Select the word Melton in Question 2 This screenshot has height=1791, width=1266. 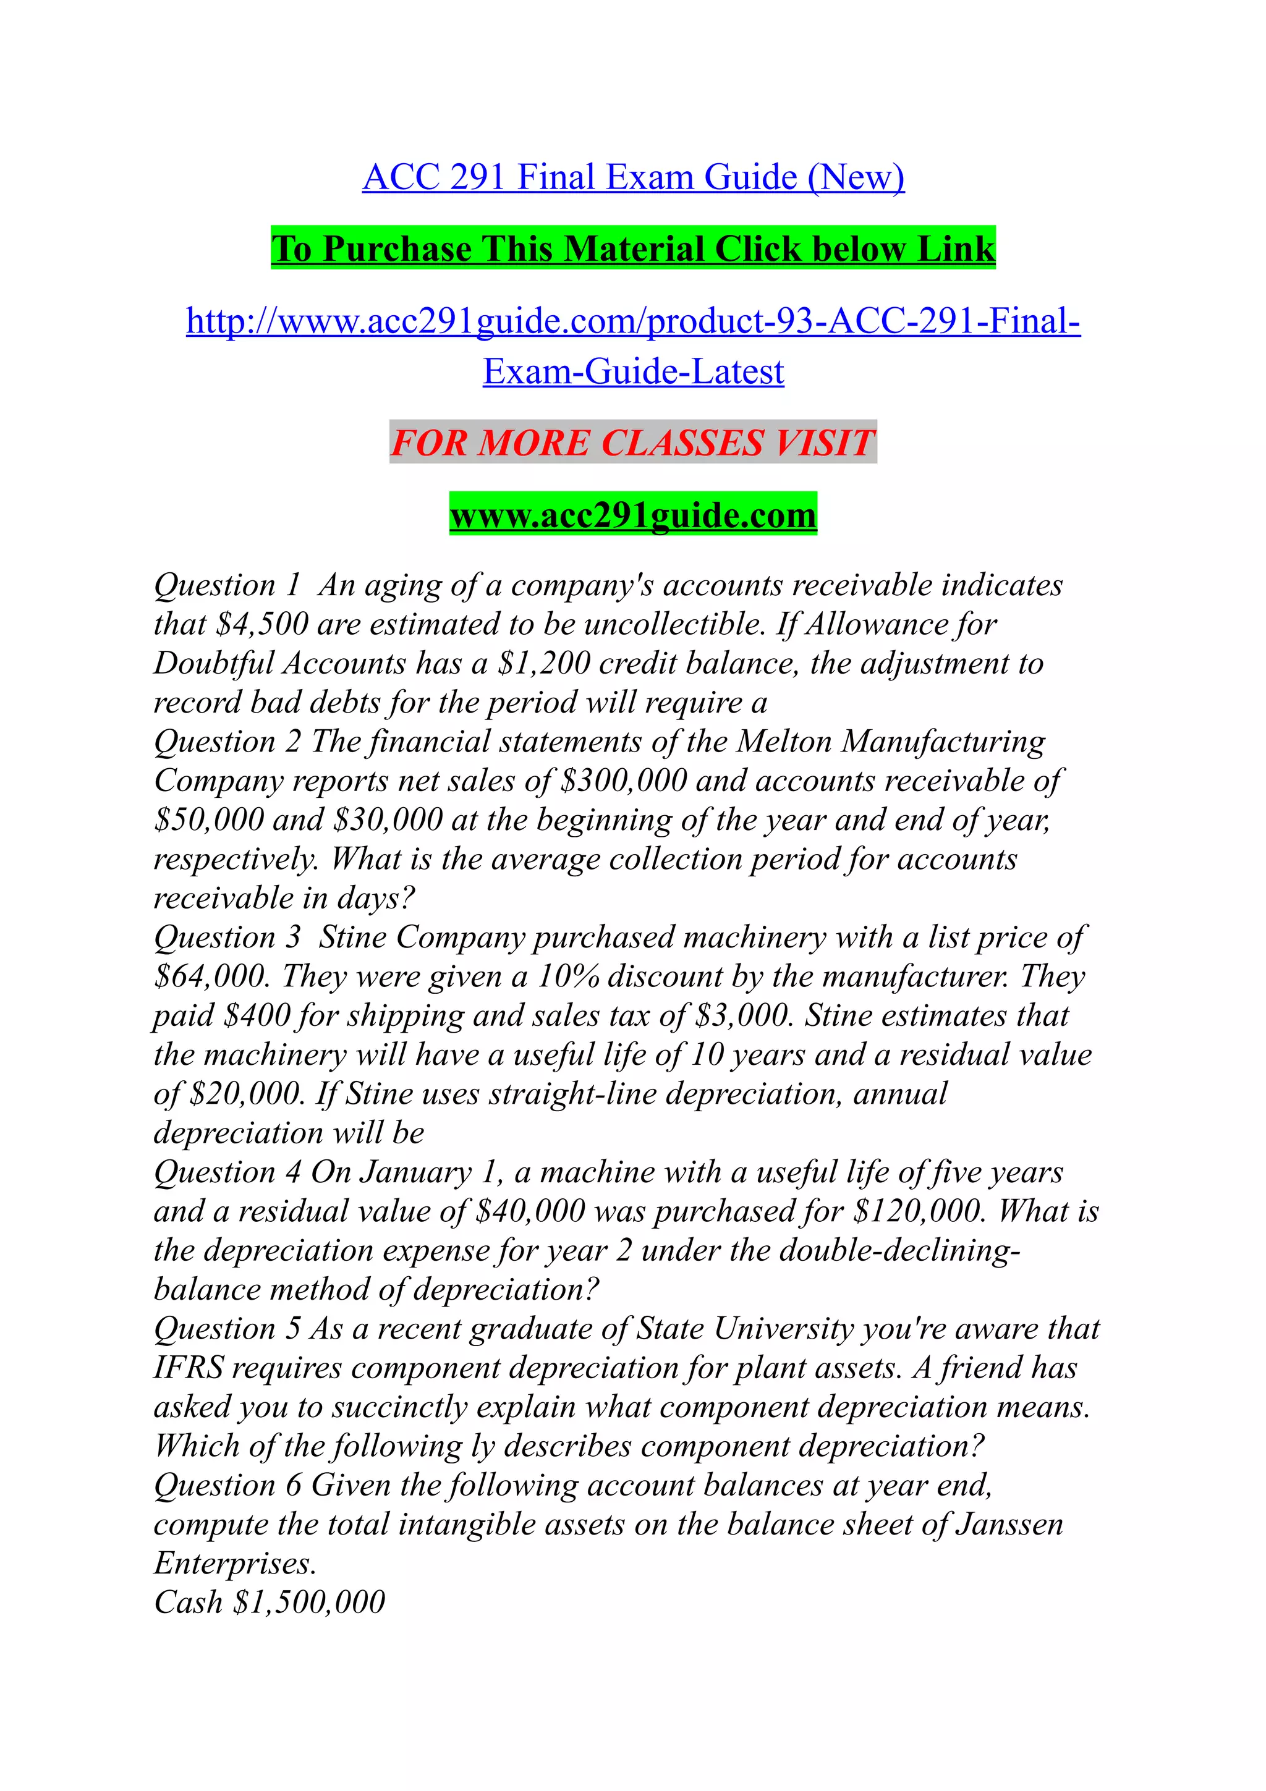click(x=784, y=742)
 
